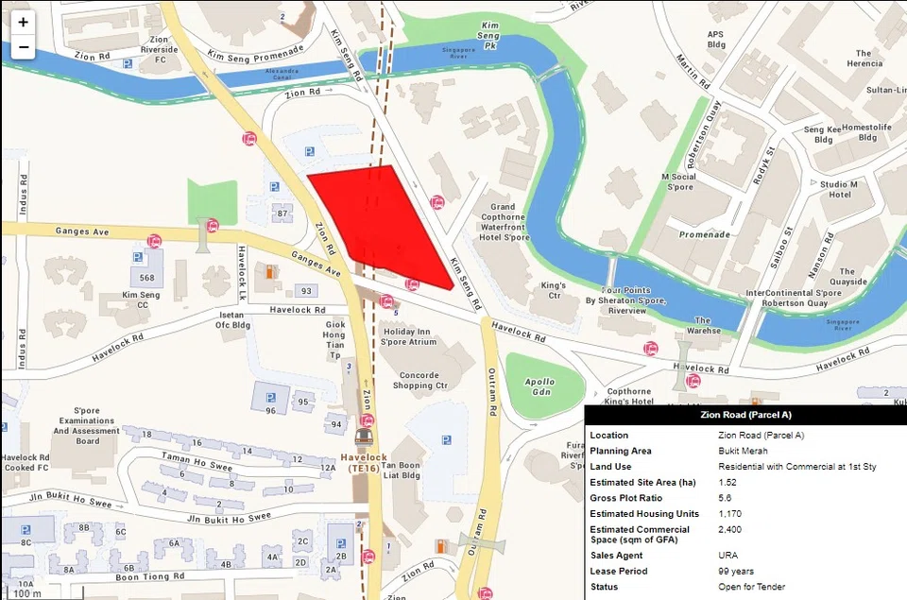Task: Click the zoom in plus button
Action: coord(23,23)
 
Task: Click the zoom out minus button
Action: coord(23,47)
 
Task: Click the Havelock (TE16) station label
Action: coord(364,463)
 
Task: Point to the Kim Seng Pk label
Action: coord(489,34)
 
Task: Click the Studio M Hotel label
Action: coord(839,189)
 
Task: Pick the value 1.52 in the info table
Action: coord(727,483)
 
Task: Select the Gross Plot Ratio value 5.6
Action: coord(726,498)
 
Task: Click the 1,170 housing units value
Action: coord(730,513)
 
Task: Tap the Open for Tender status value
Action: coord(751,587)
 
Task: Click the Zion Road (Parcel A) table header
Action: coord(745,415)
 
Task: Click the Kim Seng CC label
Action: coord(142,300)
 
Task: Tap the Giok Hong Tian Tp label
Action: coord(334,334)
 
